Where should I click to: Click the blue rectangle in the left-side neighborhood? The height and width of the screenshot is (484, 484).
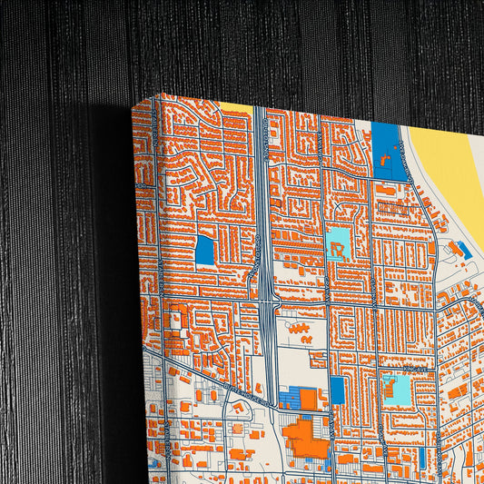204,250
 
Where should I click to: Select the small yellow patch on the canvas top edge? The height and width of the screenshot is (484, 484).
235,107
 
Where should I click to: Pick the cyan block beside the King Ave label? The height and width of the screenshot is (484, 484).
396,388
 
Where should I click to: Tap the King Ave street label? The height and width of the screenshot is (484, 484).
417,370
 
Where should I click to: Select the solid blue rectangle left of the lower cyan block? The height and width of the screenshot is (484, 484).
337,390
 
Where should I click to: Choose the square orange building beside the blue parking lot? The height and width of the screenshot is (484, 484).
309,398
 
